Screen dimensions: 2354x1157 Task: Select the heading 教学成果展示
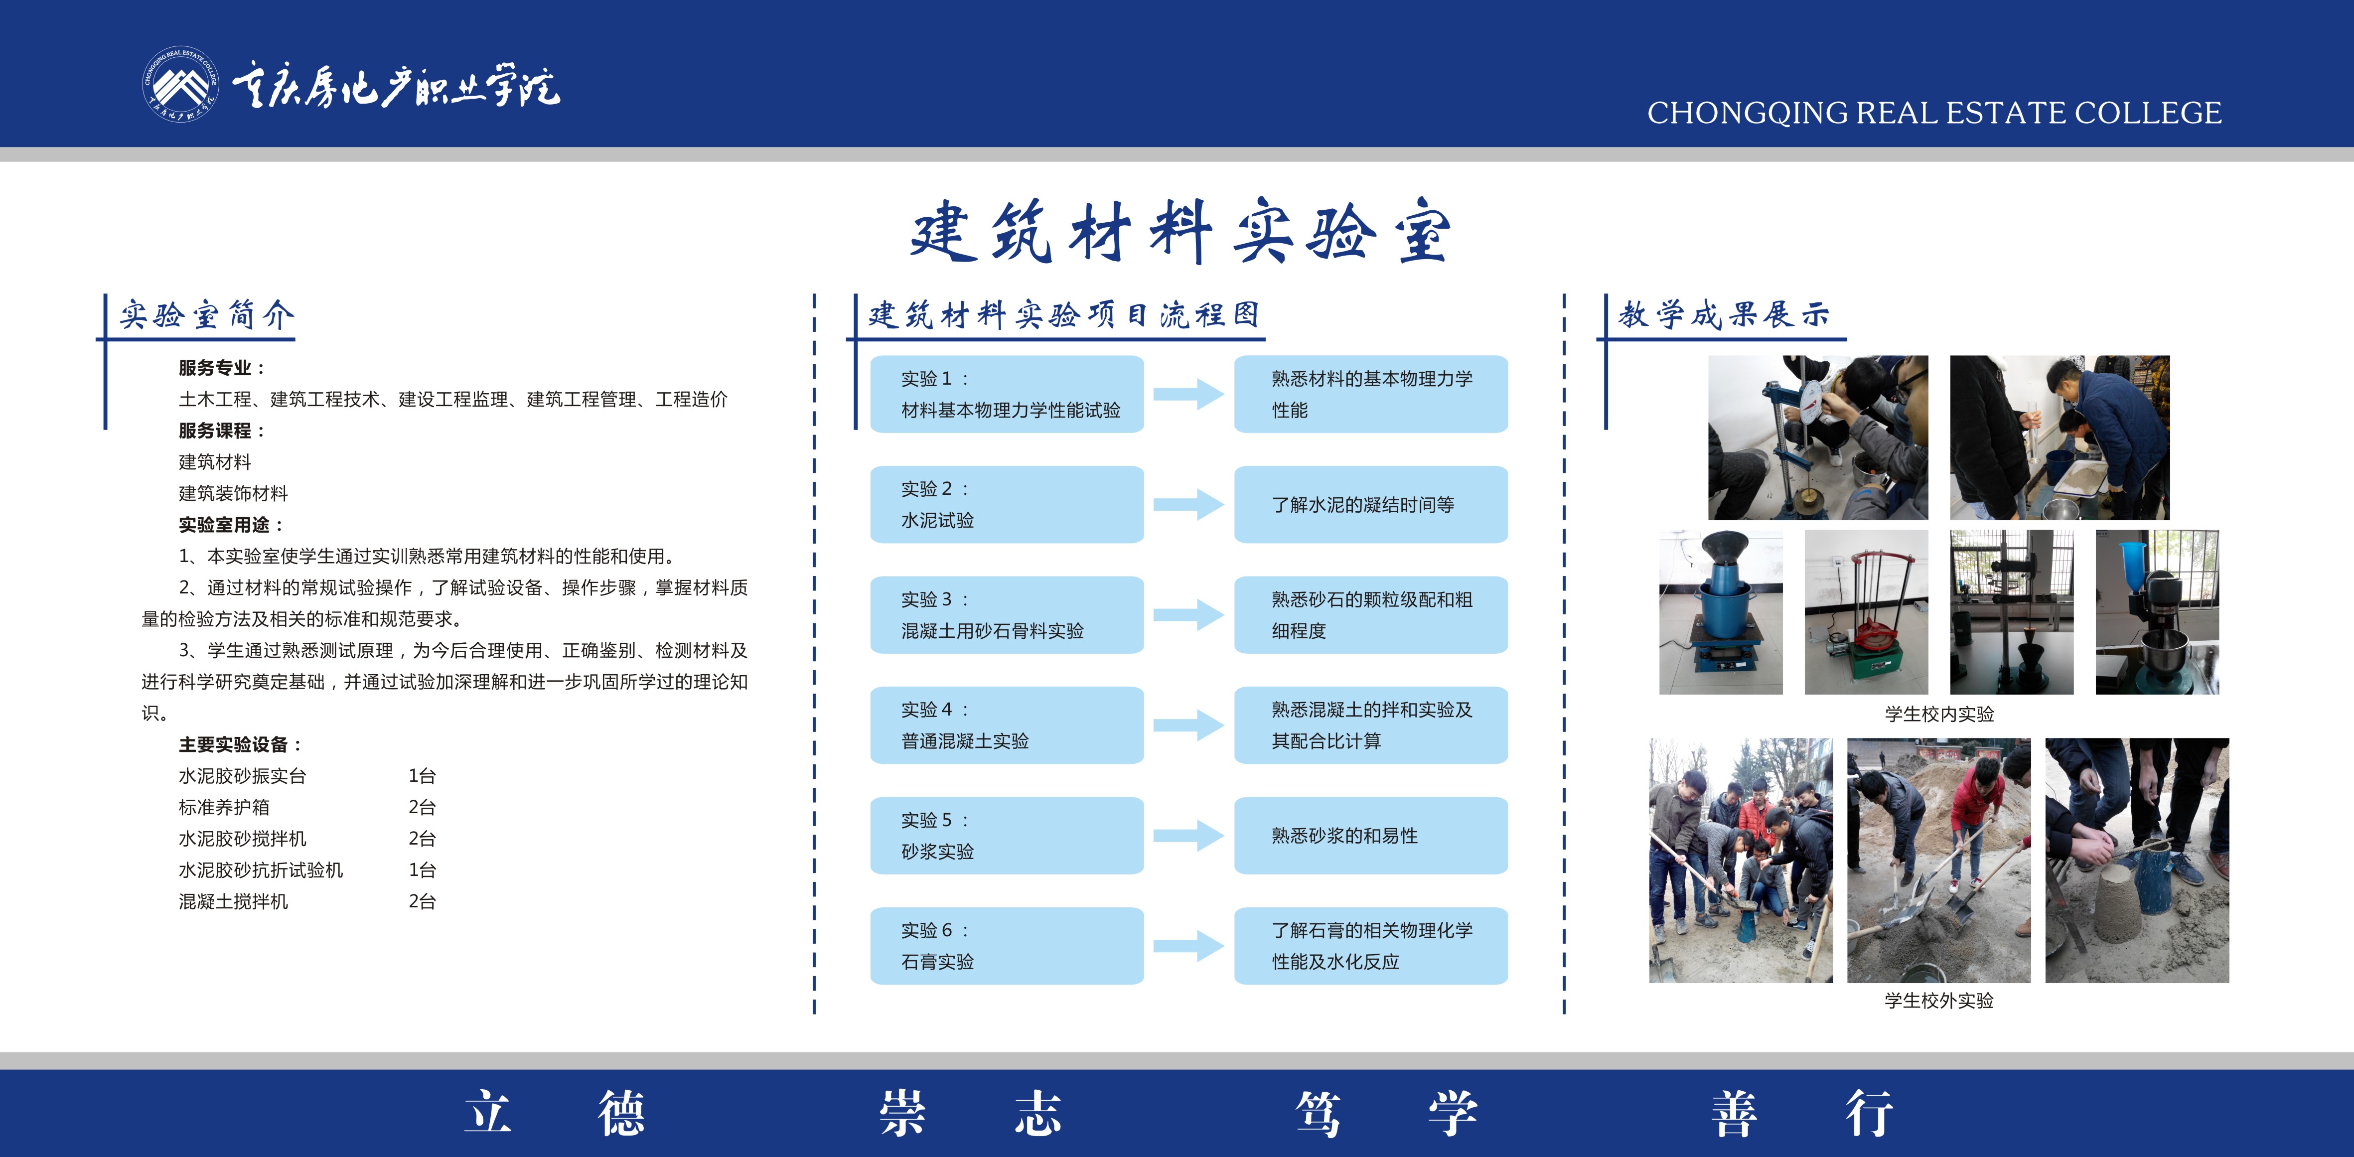(x=1724, y=314)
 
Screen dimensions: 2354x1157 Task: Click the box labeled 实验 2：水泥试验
(x=1006, y=504)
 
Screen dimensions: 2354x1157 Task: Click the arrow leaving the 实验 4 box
(x=1188, y=725)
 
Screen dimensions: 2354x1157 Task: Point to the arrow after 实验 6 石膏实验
(x=1188, y=946)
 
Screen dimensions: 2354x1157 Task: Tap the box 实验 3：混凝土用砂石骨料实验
(x=1006, y=615)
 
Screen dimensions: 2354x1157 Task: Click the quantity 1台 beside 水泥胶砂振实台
(x=422, y=776)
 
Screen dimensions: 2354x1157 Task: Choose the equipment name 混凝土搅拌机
(x=233, y=901)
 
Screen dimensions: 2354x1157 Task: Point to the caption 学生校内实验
(x=1939, y=714)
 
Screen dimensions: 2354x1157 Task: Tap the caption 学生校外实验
(x=1939, y=1001)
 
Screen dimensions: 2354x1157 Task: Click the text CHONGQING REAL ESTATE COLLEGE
(x=1934, y=113)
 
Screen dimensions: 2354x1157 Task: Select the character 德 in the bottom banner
(x=621, y=1113)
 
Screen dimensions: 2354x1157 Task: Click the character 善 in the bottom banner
(x=1734, y=1113)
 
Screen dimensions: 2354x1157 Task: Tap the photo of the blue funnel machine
(x=1721, y=612)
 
